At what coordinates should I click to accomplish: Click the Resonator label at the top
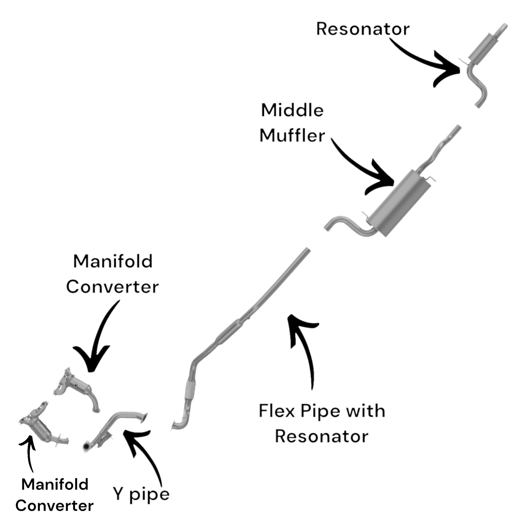(363, 29)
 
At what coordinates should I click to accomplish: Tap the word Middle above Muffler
(292, 110)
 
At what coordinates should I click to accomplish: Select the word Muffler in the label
(292, 136)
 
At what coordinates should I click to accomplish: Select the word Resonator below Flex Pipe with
(321, 436)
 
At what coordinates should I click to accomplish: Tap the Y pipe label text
(141, 494)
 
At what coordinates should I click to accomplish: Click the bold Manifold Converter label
(55, 495)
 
